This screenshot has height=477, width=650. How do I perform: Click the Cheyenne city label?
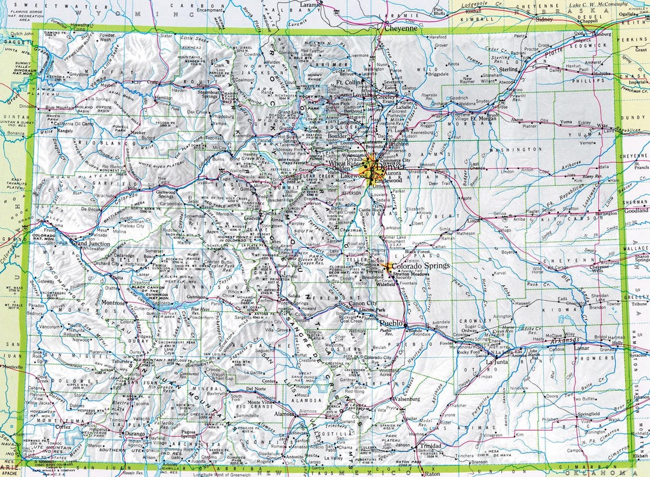coord(400,28)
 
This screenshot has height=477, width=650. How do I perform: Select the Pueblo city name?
coord(390,323)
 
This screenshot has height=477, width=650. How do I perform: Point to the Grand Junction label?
coord(90,244)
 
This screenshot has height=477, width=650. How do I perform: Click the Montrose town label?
coord(113,303)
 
